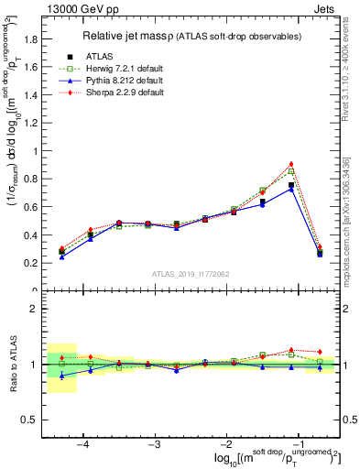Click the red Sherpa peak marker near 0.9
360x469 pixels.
point(291,164)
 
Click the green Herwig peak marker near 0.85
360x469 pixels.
point(291,171)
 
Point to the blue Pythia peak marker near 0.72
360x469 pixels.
point(291,189)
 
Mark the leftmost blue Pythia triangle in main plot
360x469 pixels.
point(61,257)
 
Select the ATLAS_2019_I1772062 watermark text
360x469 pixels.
point(191,273)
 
